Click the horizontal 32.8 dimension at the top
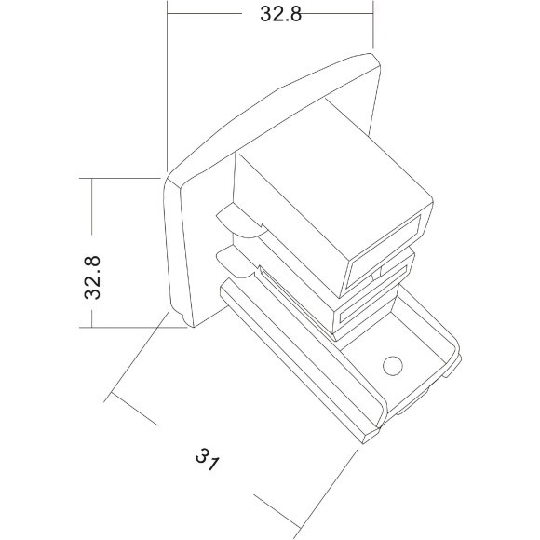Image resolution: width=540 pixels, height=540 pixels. coord(269,13)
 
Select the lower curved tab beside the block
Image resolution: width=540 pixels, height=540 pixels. coord(238,263)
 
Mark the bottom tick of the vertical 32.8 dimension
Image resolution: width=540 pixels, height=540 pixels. coord(92,326)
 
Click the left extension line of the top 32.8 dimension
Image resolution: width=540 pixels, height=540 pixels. coord(167,84)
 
